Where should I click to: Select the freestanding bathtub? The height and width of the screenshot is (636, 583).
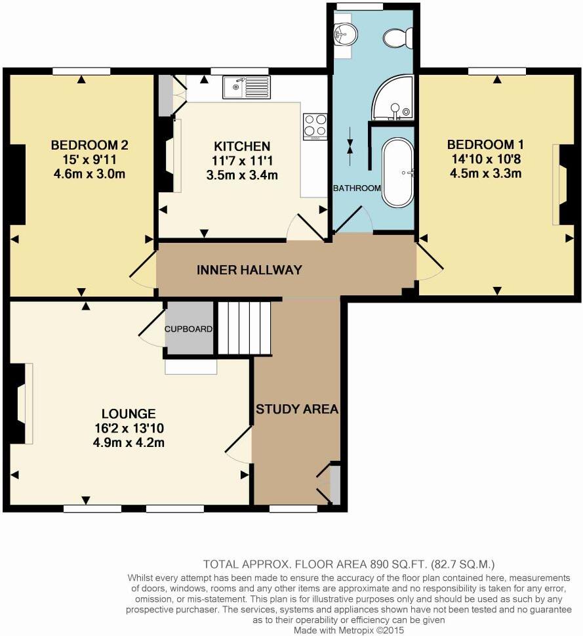point(398,173)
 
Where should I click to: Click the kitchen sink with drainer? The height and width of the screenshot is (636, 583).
point(247,87)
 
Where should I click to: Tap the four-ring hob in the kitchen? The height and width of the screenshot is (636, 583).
point(315,126)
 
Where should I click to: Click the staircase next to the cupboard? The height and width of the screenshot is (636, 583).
point(245,328)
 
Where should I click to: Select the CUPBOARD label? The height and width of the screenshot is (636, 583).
point(188,329)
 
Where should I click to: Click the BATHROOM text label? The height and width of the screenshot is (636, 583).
point(357,188)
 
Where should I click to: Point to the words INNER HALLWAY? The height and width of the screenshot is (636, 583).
point(249,270)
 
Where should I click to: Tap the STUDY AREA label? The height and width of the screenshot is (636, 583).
point(297,409)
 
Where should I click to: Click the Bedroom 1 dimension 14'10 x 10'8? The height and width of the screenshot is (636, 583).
point(486,159)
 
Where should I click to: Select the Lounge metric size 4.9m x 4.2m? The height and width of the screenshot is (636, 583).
point(129,442)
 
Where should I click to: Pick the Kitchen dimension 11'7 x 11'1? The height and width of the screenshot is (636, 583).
point(242,161)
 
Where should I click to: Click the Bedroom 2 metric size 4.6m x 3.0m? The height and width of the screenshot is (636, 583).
point(90,174)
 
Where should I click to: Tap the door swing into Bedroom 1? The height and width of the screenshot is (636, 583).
point(430,262)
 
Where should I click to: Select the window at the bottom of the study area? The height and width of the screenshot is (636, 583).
point(293,508)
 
